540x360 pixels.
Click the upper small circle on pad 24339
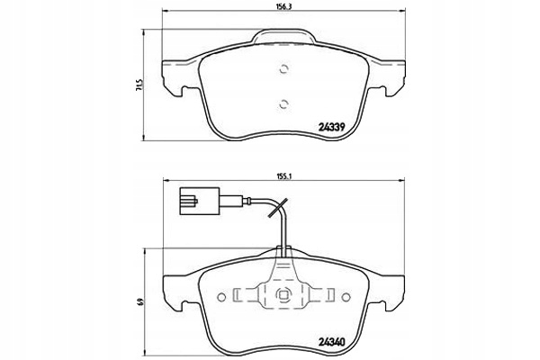pos(281,71)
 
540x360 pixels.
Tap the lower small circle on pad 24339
pos(281,102)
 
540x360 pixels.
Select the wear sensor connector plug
pos(193,199)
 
